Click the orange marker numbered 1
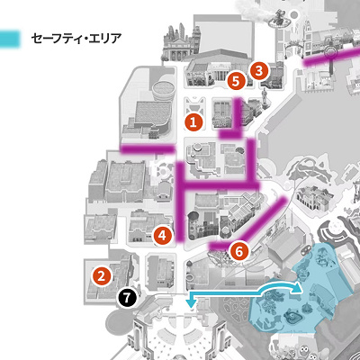click(193, 119)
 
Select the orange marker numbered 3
click(259, 68)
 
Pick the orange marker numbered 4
click(162, 235)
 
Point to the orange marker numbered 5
click(236, 80)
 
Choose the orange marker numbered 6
click(238, 251)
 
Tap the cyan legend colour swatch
click(11, 40)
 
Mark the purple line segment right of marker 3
click(328, 58)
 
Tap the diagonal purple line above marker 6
click(266, 219)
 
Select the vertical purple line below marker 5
click(236, 113)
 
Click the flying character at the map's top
click(279, 13)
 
